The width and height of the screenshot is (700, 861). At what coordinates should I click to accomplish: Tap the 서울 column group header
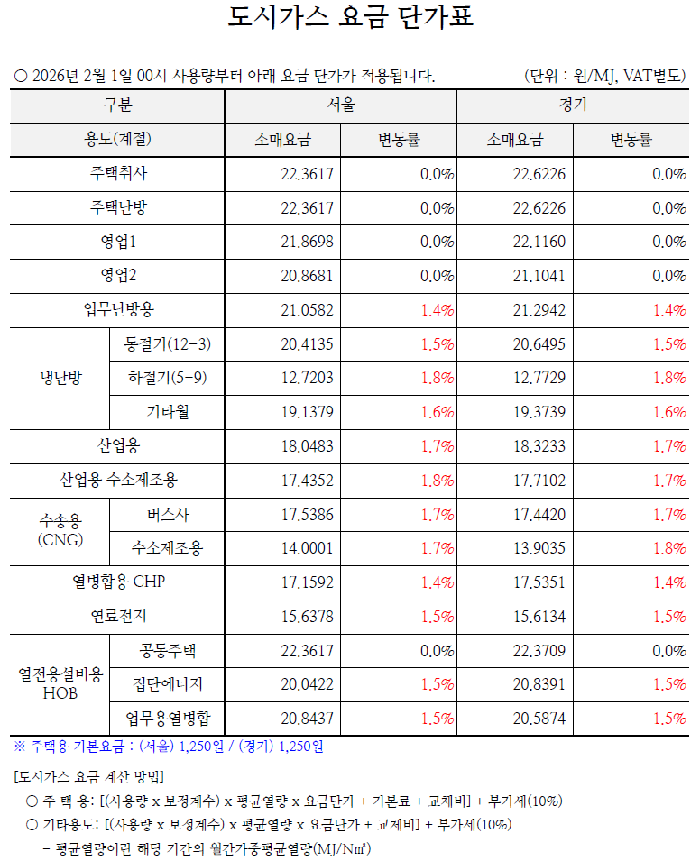341,105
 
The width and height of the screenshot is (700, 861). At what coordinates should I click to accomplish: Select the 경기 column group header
573,105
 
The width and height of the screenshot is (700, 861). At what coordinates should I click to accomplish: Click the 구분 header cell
117,105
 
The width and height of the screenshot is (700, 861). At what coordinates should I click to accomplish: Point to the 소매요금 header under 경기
514,140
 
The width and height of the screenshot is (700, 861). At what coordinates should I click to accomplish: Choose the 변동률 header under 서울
399,140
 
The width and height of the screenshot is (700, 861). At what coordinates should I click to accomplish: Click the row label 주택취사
117,174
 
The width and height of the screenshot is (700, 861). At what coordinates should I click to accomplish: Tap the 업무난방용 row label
117,310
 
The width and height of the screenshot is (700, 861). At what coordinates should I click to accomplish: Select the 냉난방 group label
60,378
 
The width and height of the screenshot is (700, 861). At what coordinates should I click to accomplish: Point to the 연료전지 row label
117,617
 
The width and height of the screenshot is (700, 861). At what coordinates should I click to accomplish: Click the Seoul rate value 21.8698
308,243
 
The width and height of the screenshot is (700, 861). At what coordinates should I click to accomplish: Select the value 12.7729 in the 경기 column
539,378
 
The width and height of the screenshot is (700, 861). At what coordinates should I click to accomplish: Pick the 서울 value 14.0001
308,548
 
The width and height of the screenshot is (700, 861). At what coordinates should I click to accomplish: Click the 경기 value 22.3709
539,651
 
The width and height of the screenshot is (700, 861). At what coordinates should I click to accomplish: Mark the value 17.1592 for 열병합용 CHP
308,582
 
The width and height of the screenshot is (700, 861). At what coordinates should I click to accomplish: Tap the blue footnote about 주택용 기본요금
169,747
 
